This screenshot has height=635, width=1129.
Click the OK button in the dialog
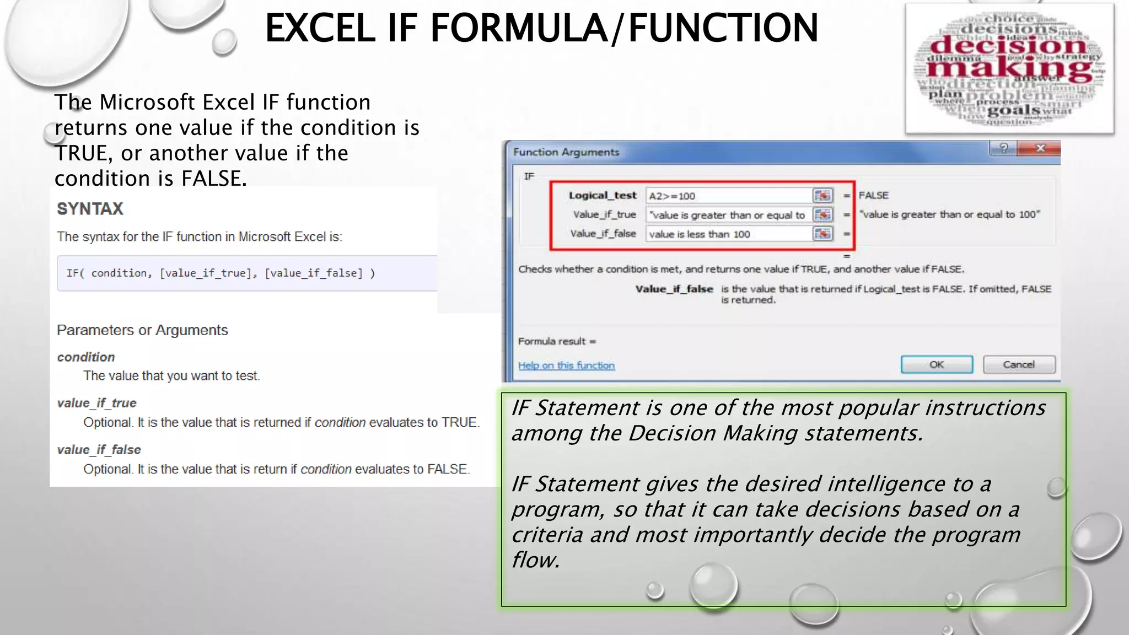tap(937, 364)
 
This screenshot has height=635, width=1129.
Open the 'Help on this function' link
tap(566, 365)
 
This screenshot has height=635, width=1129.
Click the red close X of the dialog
tap(1040, 148)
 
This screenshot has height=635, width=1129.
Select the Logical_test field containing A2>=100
tap(728, 196)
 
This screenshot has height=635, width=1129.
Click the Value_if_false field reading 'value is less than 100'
tap(728, 234)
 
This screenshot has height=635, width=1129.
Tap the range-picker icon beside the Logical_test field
tap(822, 196)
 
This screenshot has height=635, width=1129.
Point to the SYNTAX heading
tap(90, 209)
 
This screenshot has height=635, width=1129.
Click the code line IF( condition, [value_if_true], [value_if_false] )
tap(221, 273)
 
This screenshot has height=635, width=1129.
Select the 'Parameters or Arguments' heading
tap(142, 330)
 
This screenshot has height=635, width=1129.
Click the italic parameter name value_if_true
tap(96, 403)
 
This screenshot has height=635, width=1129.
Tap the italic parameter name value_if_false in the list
tap(99, 450)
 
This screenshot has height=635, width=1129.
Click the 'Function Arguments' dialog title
tap(566, 152)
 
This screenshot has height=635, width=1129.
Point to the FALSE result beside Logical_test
tap(873, 196)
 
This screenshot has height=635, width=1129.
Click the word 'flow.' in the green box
tap(535, 560)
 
